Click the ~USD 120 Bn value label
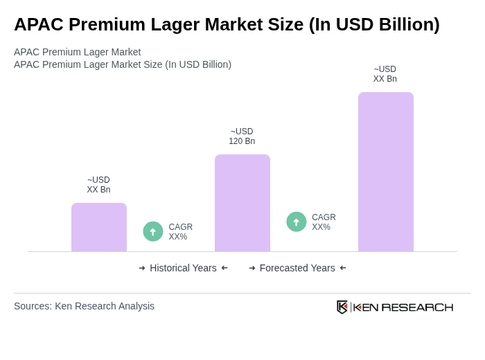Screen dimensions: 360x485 point(242,136)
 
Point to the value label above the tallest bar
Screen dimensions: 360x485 point(385,74)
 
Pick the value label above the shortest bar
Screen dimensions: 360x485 point(98,185)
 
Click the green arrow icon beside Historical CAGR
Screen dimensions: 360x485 point(153,231)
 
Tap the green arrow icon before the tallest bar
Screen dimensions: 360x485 point(297,222)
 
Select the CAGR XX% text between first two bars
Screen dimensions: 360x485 point(181,232)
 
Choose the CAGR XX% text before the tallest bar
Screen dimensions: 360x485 point(324,222)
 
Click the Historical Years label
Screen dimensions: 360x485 point(183,268)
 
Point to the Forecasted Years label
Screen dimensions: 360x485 point(297,268)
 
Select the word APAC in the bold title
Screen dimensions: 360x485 point(39,24)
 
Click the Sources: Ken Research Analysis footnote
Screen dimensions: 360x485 point(84,306)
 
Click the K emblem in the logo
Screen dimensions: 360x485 point(342,307)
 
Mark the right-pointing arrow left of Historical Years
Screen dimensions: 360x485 point(142,268)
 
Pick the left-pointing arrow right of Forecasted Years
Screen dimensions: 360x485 point(343,268)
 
